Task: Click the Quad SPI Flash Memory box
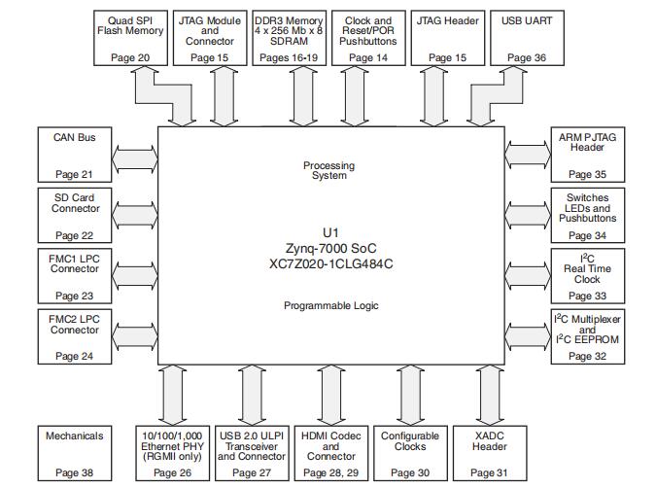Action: coord(130,38)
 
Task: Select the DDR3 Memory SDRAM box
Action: coord(289,38)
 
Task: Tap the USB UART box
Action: coord(525,38)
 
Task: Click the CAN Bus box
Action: coord(75,156)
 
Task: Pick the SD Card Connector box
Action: coord(75,216)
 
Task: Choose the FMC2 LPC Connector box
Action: coord(75,336)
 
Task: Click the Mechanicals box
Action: coord(75,454)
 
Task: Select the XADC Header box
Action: coord(488,454)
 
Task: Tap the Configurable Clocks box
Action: coord(409,454)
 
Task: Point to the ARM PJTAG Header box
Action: coord(587,156)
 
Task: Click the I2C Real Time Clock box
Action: coord(587,275)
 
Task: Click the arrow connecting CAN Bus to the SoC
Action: coord(135,156)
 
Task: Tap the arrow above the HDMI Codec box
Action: coord(330,394)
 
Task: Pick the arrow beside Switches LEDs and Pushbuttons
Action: coord(527,216)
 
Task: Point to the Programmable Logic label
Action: coord(330,305)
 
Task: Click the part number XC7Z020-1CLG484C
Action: coord(330,263)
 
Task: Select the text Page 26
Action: coord(172,473)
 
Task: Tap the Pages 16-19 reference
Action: coord(289,58)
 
